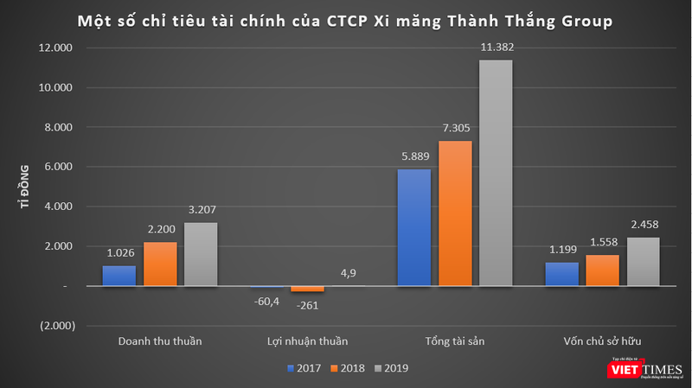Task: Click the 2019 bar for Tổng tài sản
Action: (496, 173)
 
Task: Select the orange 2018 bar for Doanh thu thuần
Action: (160, 264)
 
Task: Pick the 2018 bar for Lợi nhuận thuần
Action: (307, 289)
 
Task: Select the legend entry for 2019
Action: (393, 368)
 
